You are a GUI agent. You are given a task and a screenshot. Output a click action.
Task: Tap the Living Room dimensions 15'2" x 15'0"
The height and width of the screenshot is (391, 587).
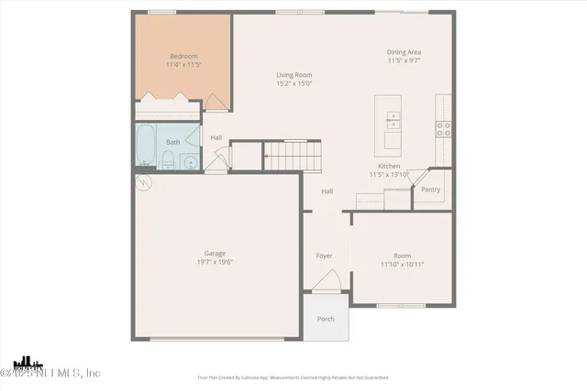point(294,83)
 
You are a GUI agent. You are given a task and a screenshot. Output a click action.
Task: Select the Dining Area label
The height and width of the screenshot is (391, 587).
point(404,52)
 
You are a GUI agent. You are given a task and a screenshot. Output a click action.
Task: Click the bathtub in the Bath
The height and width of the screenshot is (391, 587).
point(146,144)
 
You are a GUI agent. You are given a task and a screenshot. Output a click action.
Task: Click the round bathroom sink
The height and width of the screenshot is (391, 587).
point(189,163)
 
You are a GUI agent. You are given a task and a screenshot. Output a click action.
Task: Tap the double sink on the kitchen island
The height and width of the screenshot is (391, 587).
point(393,117)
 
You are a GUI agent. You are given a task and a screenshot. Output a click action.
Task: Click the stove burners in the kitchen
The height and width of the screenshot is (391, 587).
point(443,128)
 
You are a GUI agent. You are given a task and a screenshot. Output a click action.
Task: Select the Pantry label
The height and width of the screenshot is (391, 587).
point(430,190)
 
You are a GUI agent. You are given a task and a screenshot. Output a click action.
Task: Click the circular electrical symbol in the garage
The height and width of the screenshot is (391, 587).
point(142,183)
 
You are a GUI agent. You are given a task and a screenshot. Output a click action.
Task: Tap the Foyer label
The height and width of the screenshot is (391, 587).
point(325,255)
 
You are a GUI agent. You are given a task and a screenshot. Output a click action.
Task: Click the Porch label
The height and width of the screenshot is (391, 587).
point(326,319)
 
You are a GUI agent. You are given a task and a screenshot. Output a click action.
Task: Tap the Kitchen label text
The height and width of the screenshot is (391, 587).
point(390,166)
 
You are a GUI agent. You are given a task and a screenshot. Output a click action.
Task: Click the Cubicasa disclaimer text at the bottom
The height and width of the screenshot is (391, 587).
point(293,376)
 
